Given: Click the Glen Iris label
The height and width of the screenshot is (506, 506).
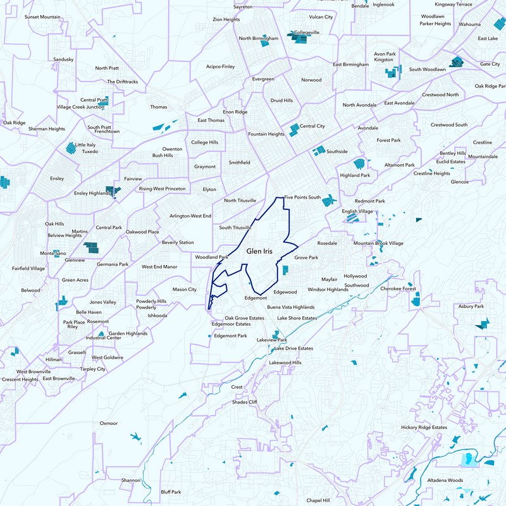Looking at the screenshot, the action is coord(259,251).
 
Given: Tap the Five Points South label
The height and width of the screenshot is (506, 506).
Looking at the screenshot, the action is coord(302,197).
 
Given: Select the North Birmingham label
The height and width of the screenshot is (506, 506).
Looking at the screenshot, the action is coord(258,39).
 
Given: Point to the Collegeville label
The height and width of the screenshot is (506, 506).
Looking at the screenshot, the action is coord(307,32).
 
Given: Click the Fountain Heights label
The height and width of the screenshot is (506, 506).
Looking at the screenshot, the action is coord(266,134).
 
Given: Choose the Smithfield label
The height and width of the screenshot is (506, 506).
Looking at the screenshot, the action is coord(239,163).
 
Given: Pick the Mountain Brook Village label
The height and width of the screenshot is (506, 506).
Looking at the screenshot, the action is coord(378,244).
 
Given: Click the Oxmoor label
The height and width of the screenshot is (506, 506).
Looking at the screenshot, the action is coord(109,423).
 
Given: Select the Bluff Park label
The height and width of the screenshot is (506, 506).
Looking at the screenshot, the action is coord(171,491).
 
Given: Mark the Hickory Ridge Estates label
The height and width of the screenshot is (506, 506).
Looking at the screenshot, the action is coord(424,428).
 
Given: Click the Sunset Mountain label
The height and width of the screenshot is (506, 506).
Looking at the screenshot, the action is coord(42,16).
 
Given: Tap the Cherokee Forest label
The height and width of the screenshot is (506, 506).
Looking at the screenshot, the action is coord(398,288).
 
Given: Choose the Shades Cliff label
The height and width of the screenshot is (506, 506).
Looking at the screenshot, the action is coord(245,402).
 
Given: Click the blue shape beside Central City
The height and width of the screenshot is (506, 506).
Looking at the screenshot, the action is coord(293,130).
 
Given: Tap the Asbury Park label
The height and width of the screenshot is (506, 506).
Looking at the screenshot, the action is coord(471,306).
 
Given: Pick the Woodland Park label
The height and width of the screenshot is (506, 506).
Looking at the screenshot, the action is coord(211,257).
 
